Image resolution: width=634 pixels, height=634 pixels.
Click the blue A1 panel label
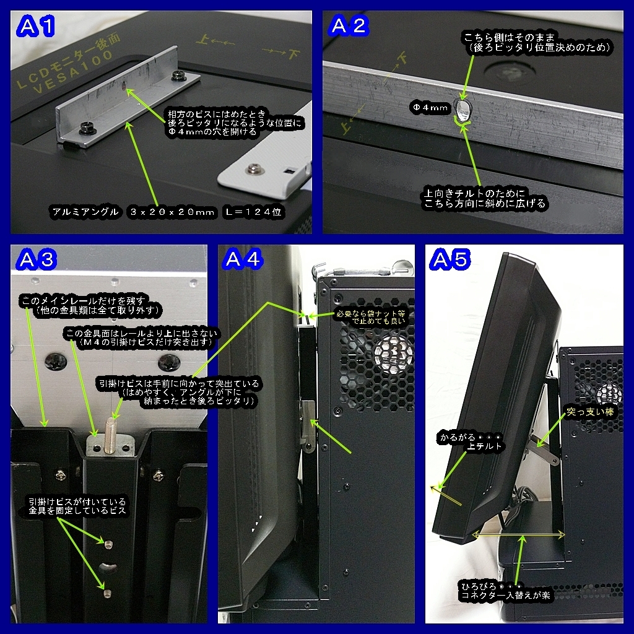(35, 27)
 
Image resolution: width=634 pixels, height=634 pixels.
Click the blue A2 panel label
(349, 26)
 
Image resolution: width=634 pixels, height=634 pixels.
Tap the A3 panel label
(37, 259)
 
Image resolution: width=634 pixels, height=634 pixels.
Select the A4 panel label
(243, 259)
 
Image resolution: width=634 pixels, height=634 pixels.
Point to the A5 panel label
(450, 259)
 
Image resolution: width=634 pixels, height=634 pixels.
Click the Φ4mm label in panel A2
(430, 108)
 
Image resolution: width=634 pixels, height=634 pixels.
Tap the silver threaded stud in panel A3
(110, 435)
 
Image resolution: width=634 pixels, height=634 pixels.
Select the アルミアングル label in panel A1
(85, 212)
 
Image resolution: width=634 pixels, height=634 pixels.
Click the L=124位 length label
(253, 212)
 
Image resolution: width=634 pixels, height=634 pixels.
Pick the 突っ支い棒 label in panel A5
(590, 412)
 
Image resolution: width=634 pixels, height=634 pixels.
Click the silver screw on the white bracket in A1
(253, 168)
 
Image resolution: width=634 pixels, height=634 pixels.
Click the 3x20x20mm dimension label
(172, 212)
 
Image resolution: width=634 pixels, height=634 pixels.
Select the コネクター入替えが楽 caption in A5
(506, 595)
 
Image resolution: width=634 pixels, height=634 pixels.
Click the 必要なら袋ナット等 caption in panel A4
(370, 314)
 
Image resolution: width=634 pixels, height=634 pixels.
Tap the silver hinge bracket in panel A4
(308, 425)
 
